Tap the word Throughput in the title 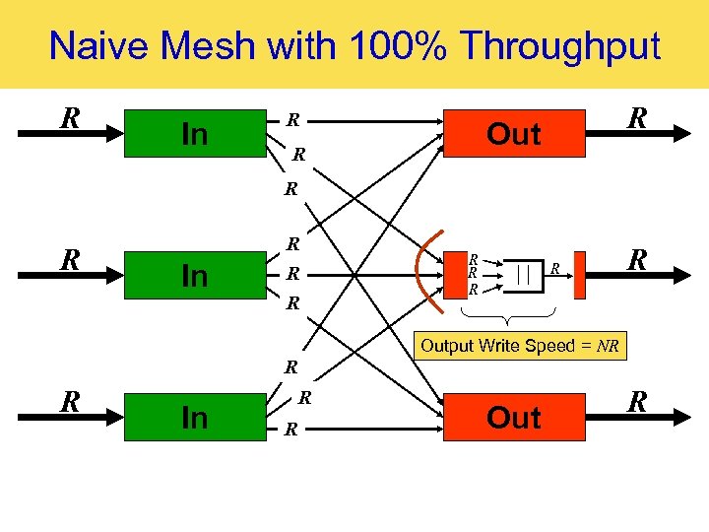pyautogui.click(x=560, y=45)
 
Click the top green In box pyautogui.click(x=195, y=133)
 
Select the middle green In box pyautogui.click(x=195, y=275)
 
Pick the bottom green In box pyautogui.click(x=195, y=417)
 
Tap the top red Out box pyautogui.click(x=513, y=133)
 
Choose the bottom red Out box pyautogui.click(x=513, y=417)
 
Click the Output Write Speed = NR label pyautogui.click(x=518, y=347)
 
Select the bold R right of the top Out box pyautogui.click(x=638, y=118)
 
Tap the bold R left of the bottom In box pyautogui.click(x=69, y=402)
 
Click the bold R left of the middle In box pyautogui.click(x=69, y=260)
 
